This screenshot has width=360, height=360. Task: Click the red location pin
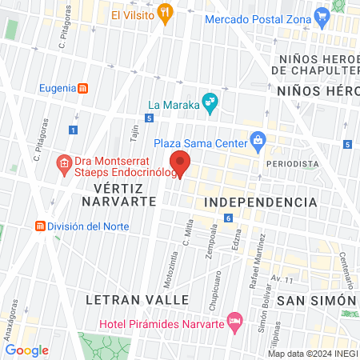pos(181,162)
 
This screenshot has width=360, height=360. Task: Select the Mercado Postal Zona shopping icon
pos(322,15)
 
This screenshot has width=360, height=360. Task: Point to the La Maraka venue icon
pos(210,101)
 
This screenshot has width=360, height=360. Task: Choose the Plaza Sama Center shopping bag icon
pos(258,142)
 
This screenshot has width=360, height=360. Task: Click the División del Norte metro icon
pos(38,226)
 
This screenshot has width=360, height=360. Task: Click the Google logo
pos(26,350)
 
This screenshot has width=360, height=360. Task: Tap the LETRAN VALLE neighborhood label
pos(137,299)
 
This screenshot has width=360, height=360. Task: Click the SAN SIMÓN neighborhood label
pos(315,300)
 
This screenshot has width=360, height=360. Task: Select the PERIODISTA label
pos(293,163)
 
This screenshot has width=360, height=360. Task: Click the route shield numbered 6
pos(228,218)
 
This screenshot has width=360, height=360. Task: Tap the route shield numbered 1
pos(74,130)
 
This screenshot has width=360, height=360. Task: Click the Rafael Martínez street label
pos(261,252)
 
